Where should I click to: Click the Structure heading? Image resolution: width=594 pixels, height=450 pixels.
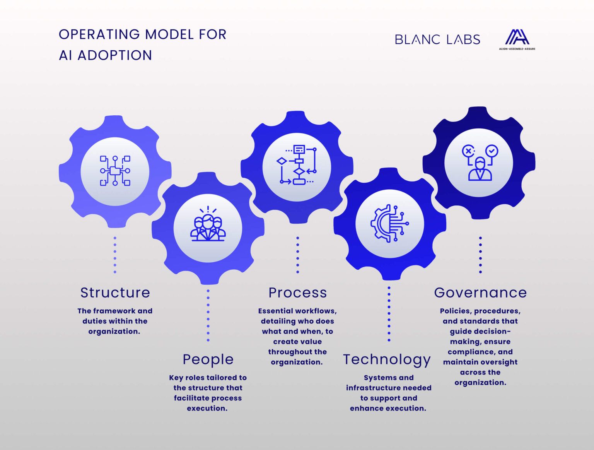tap(115, 293)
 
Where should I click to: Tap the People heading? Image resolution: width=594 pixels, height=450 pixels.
tap(208, 359)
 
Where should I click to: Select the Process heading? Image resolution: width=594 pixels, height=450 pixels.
tap(297, 293)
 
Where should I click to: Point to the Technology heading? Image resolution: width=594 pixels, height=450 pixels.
tap(387, 359)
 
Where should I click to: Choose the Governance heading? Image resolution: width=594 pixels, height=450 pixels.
tap(480, 293)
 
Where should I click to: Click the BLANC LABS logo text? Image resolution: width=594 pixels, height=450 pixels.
tap(437, 39)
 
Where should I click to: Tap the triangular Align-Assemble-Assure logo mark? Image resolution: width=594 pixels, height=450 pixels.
tap(517, 37)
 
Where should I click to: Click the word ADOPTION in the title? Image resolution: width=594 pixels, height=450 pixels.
tap(114, 55)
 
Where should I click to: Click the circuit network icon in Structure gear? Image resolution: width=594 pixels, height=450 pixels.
tap(115, 171)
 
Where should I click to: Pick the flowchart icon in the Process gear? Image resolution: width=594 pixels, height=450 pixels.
tap(297, 165)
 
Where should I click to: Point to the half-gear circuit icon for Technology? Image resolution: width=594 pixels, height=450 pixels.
tap(389, 223)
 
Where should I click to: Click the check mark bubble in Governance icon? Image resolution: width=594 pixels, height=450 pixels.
tap(492, 151)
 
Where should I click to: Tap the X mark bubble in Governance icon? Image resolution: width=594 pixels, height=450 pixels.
tap(468, 151)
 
